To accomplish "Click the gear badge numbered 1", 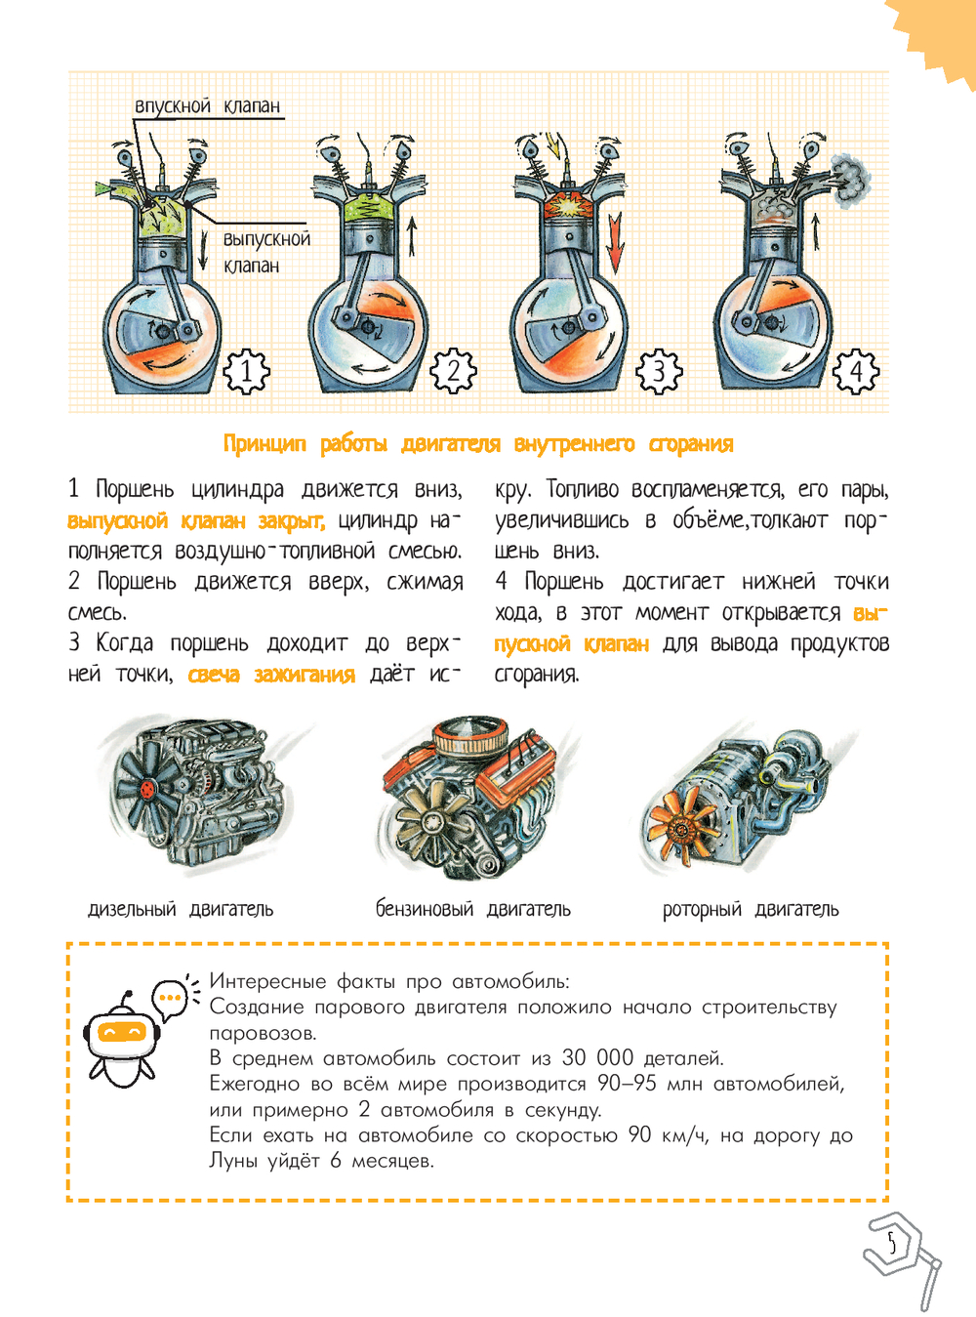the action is point(246,371).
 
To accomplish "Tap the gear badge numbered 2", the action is point(453,371).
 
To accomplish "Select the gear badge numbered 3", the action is point(659,372).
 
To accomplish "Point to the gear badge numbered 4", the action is point(856,372).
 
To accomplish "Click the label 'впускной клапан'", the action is point(207,105).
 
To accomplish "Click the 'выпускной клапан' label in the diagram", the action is point(266,252).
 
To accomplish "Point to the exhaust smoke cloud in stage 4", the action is point(851,181).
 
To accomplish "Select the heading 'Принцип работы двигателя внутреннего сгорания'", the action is point(478,444).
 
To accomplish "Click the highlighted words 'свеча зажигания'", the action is point(272,676).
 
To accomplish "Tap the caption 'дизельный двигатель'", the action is point(181,909).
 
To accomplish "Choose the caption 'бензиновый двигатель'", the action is point(473,909).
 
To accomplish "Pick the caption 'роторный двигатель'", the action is point(751,909).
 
